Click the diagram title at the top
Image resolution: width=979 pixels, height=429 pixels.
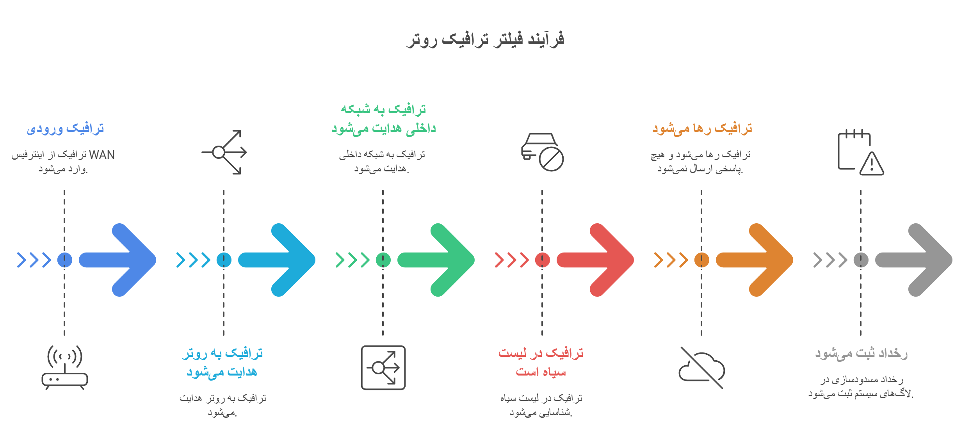pyautogui.click(x=485, y=39)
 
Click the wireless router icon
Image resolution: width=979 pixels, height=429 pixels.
pyautogui.click(x=65, y=367)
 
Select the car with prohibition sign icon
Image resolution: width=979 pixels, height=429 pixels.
pyautogui.click(x=542, y=152)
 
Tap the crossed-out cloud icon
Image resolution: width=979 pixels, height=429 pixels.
pyautogui.click(x=701, y=367)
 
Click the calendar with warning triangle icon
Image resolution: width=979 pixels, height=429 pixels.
pyautogui.click(x=861, y=152)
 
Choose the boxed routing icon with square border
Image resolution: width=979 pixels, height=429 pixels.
pyautogui.click(x=383, y=367)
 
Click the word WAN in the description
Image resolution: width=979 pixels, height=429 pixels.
pyautogui.click(x=102, y=155)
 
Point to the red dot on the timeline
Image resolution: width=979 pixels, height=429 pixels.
pyautogui.click(x=542, y=260)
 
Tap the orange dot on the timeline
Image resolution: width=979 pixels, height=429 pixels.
pyautogui.click(x=701, y=260)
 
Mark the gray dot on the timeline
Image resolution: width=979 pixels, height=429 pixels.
pyautogui.click(x=861, y=260)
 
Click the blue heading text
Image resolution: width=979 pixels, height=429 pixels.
pyautogui.click(x=65, y=128)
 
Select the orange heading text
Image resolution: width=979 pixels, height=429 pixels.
pyautogui.click(x=702, y=128)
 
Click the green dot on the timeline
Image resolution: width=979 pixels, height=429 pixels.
pyautogui.click(x=383, y=260)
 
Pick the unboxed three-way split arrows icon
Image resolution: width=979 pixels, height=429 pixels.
pyautogui.click(x=224, y=152)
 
